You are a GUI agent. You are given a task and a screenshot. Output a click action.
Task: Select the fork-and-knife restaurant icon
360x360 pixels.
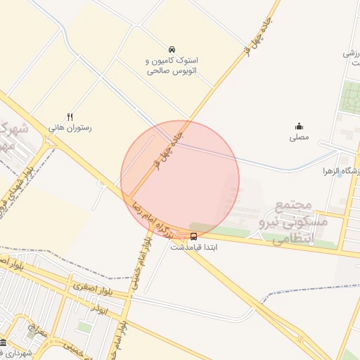pos(70,117)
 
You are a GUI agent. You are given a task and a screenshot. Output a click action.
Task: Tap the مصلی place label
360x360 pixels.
pos(300,138)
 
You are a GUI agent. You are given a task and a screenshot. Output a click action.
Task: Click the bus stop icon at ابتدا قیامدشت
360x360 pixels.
pos(194,236)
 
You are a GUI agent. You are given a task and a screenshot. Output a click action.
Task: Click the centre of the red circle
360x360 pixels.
pos(180,180)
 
